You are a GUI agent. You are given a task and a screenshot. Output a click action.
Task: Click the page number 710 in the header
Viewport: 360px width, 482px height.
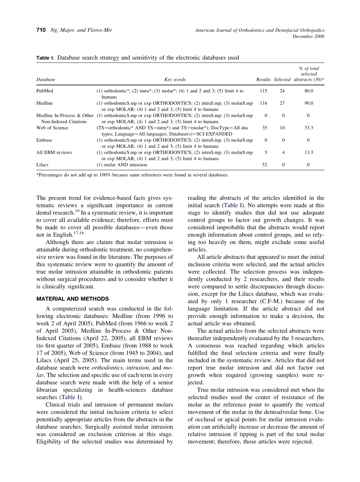click(41, 30)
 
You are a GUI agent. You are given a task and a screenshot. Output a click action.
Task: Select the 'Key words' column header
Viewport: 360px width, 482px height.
click(175, 80)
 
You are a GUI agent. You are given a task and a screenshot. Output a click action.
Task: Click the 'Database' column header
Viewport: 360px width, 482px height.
click(45, 80)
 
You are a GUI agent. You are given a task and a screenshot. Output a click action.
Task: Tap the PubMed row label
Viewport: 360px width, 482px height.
click(45, 91)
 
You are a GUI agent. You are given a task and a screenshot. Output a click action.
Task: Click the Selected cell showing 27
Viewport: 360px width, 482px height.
click(282, 103)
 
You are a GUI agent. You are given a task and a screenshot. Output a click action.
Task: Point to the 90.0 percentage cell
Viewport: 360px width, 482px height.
click(308, 103)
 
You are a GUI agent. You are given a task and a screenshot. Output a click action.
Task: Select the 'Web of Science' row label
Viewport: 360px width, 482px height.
click(52, 128)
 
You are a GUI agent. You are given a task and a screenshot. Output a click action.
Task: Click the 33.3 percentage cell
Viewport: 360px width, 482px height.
click(308, 128)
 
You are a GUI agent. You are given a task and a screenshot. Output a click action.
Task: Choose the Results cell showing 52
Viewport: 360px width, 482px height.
click(264, 165)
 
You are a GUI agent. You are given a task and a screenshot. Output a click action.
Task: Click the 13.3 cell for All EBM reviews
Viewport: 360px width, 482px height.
click(308, 152)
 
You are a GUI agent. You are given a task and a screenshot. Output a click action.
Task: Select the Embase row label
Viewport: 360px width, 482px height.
click(44, 140)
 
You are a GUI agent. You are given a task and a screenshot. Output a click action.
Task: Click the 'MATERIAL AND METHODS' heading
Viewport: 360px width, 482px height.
click(72, 299)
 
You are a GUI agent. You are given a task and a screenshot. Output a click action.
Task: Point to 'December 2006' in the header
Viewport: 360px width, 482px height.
click(308, 36)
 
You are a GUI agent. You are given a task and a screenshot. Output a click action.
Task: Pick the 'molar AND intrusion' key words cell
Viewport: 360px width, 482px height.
click(122, 165)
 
